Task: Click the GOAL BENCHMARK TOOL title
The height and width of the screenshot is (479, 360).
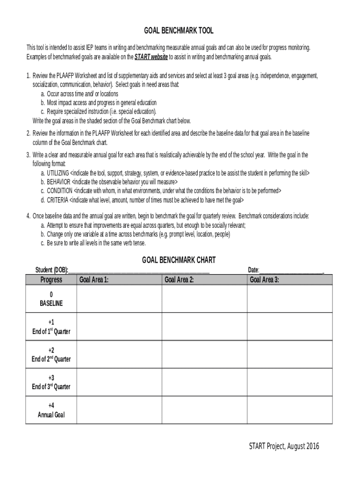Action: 179,30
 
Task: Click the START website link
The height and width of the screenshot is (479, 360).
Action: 151,57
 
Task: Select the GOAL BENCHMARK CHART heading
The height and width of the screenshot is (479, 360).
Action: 179,260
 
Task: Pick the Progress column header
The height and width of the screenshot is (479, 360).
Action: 51,280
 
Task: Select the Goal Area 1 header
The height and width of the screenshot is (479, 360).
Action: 94,280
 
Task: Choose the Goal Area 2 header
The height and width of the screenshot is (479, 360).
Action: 179,280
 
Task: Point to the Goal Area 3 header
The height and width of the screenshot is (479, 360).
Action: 264,280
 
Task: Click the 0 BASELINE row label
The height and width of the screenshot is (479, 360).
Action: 51,298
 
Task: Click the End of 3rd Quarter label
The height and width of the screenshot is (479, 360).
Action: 51,383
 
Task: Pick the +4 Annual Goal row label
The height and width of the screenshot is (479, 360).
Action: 51,410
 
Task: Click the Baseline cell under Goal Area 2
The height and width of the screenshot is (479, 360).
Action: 204,298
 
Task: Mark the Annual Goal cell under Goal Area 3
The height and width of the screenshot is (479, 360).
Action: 289,410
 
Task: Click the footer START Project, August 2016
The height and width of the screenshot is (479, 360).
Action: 284,446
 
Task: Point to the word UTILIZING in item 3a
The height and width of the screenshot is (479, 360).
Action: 58,173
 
